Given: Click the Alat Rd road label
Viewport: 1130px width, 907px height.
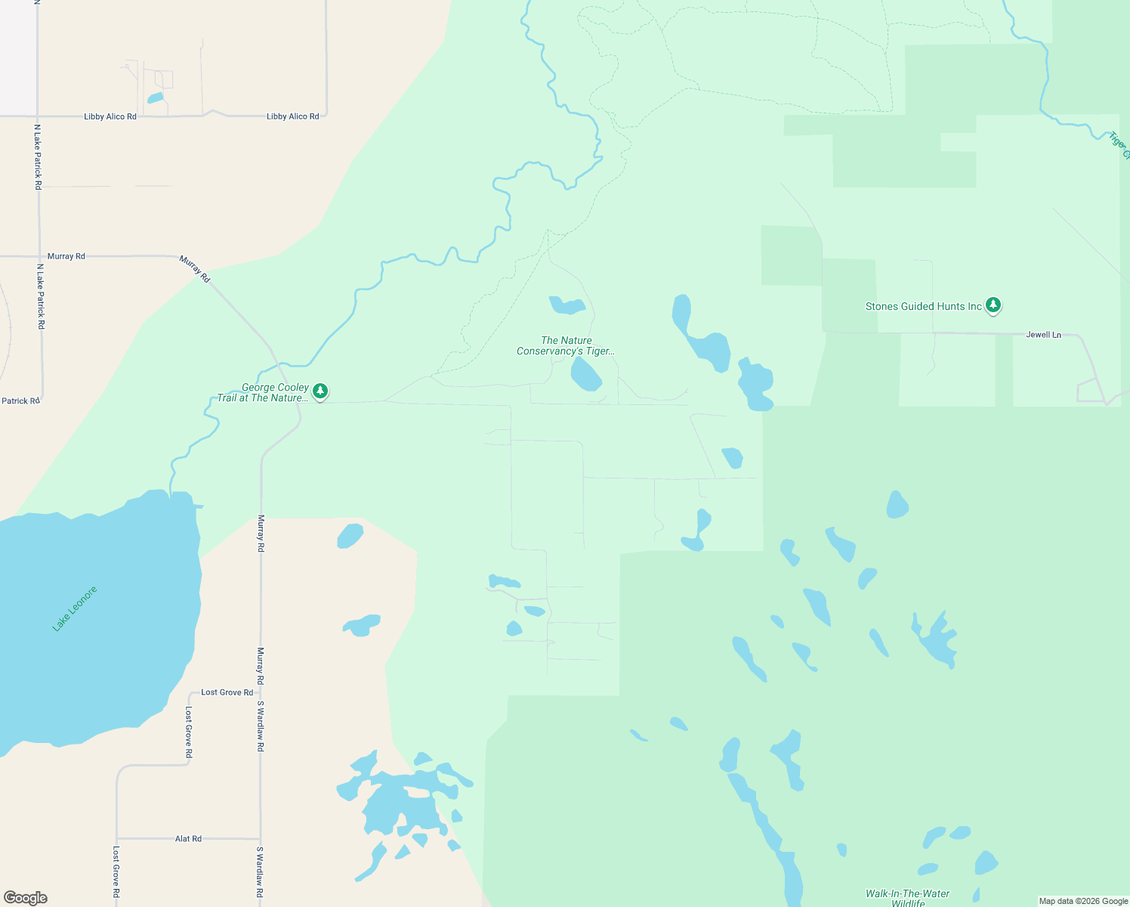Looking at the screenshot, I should pos(188,839).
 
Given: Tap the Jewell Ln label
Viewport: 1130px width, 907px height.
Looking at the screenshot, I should pos(1043,335).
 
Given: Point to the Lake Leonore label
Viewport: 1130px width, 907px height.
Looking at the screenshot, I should pos(75,608).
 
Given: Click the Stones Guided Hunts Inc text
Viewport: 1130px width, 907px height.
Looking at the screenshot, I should pos(923,306).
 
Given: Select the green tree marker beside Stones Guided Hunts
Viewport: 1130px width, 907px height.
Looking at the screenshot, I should pos(993,305).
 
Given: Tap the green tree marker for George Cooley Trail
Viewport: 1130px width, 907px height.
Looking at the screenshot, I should pos(320,391).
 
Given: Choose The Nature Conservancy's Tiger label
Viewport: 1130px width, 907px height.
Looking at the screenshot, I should pos(566,345).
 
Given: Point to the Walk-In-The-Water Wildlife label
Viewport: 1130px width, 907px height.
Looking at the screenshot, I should pos(907,898).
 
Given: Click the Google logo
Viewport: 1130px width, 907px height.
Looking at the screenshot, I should pos(26,898).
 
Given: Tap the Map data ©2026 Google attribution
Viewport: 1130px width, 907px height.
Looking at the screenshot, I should pos(1083,901).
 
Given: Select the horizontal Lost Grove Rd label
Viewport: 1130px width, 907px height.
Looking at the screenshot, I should pos(227,692).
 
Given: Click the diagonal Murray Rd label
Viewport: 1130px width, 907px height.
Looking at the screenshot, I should pos(195,269).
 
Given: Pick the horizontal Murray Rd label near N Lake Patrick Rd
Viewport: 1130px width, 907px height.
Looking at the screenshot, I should pos(66,256).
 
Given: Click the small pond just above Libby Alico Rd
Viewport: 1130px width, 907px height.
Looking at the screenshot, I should pos(156,98).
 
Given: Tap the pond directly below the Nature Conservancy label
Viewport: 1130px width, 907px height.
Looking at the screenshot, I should pos(585,374).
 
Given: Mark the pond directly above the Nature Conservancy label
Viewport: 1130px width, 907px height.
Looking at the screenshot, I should pos(567,305).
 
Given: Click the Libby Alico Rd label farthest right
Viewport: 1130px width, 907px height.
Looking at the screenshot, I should pos(292,116).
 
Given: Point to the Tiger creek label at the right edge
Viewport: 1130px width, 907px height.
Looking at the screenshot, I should pos(1119,145).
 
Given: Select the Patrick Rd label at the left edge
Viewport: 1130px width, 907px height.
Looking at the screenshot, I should pos(20,401).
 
